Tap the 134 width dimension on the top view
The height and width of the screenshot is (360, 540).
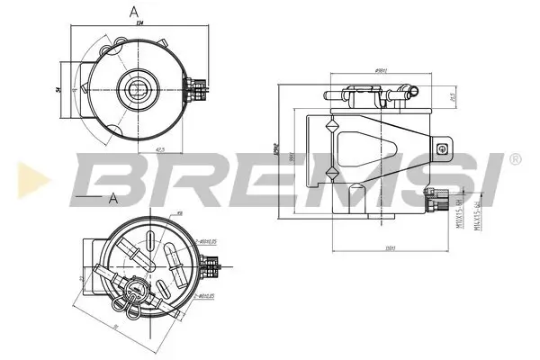[x=140, y=25]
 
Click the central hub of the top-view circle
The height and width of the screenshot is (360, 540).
[x=139, y=88]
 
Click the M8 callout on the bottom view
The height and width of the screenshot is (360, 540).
[x=179, y=213]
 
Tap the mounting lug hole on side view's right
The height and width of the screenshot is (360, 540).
[x=442, y=150]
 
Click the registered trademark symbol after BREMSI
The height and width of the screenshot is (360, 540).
[x=514, y=159]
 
